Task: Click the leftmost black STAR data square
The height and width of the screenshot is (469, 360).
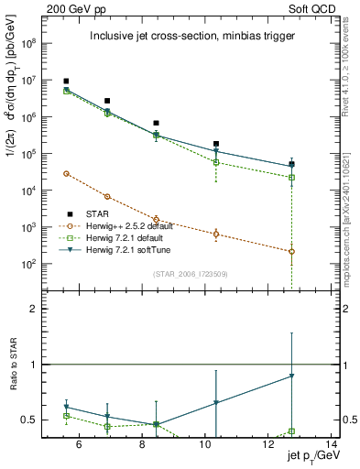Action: click(66, 82)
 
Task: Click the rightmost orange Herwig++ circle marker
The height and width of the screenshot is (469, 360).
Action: click(291, 251)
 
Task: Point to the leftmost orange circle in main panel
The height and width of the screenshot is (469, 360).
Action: click(66, 173)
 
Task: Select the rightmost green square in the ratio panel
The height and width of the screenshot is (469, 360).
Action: click(291, 431)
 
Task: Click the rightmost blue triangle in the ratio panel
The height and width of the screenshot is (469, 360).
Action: click(291, 376)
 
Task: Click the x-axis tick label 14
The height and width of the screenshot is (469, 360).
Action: click(332, 446)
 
